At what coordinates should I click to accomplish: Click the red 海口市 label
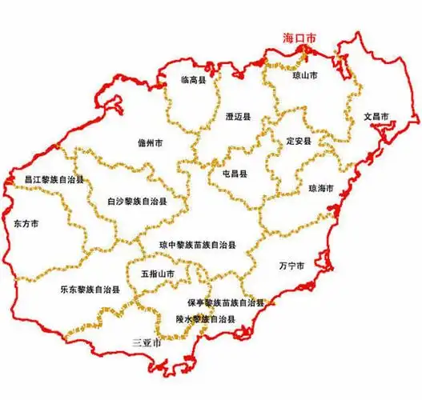(301, 38)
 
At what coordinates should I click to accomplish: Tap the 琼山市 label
(303, 74)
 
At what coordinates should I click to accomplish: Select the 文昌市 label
(376, 116)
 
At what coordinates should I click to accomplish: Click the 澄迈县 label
(238, 117)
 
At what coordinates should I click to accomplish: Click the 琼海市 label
(320, 189)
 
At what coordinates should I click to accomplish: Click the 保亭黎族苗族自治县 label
(226, 303)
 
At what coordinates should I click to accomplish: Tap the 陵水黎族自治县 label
(206, 319)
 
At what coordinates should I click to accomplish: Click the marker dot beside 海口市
(305, 49)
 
